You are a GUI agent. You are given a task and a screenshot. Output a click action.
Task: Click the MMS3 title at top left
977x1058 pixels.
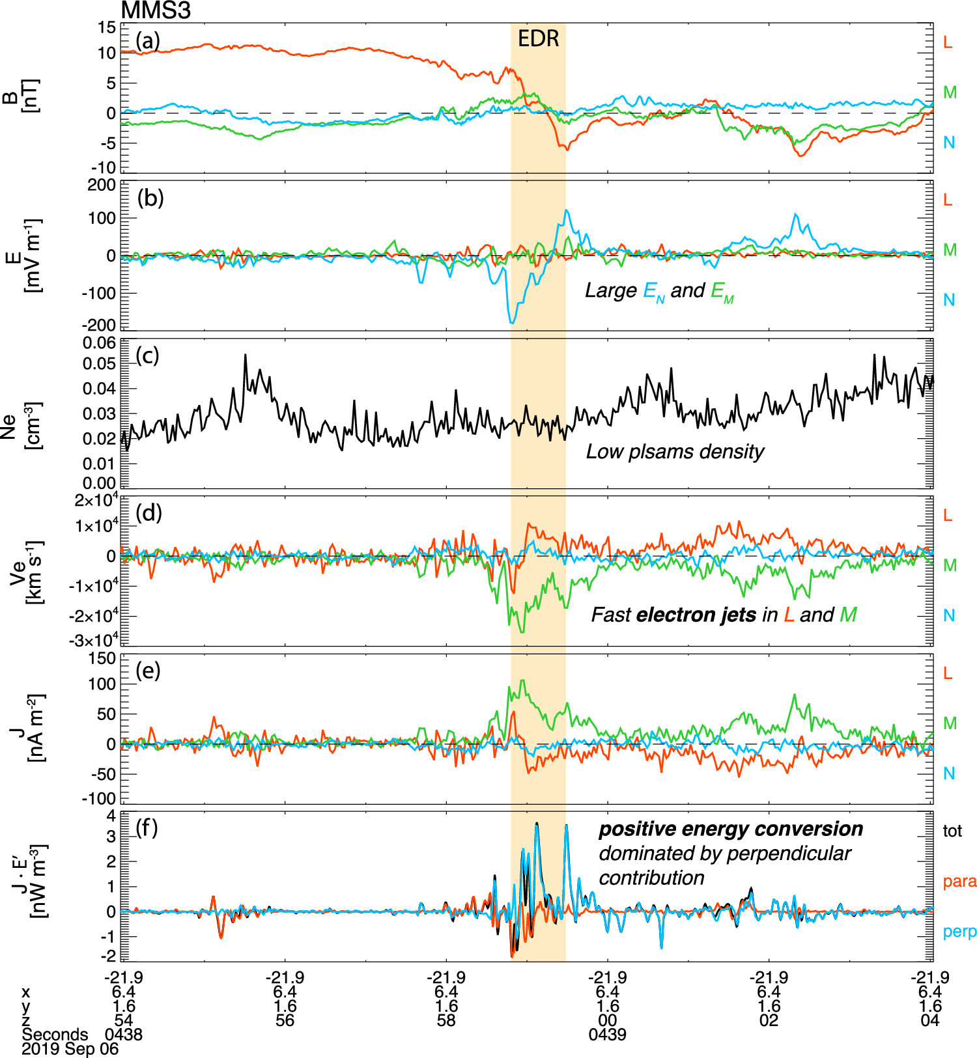[x=156, y=10]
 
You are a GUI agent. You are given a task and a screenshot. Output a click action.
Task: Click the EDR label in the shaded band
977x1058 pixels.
[x=538, y=39]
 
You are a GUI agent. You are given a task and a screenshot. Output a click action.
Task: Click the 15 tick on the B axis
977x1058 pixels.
[x=107, y=27]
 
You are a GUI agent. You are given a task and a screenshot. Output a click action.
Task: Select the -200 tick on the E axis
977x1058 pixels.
[x=99, y=325]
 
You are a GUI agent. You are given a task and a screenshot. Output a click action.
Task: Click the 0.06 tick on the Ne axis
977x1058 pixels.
[x=99, y=343]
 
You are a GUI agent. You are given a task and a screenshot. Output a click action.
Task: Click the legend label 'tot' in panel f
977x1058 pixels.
[x=952, y=831]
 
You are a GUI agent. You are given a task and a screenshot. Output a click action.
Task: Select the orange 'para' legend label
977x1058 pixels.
[x=959, y=882]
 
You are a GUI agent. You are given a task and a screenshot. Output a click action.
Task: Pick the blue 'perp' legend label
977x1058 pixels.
[x=959, y=932]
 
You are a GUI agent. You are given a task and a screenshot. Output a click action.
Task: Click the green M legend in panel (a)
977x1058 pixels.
[x=950, y=92]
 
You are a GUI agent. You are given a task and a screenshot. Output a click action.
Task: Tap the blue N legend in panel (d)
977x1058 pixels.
[x=949, y=616]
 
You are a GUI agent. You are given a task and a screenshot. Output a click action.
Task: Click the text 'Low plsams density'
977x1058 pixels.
[x=675, y=452]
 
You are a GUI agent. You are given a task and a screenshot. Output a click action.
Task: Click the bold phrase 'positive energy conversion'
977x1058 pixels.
[x=731, y=829]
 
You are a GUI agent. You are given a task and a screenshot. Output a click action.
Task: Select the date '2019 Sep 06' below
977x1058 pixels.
[x=70, y=1050]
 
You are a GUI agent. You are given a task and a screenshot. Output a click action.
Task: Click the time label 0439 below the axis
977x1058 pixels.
[x=607, y=1035]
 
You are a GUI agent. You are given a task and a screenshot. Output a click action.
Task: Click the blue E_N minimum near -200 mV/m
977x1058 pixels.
[x=513, y=322]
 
